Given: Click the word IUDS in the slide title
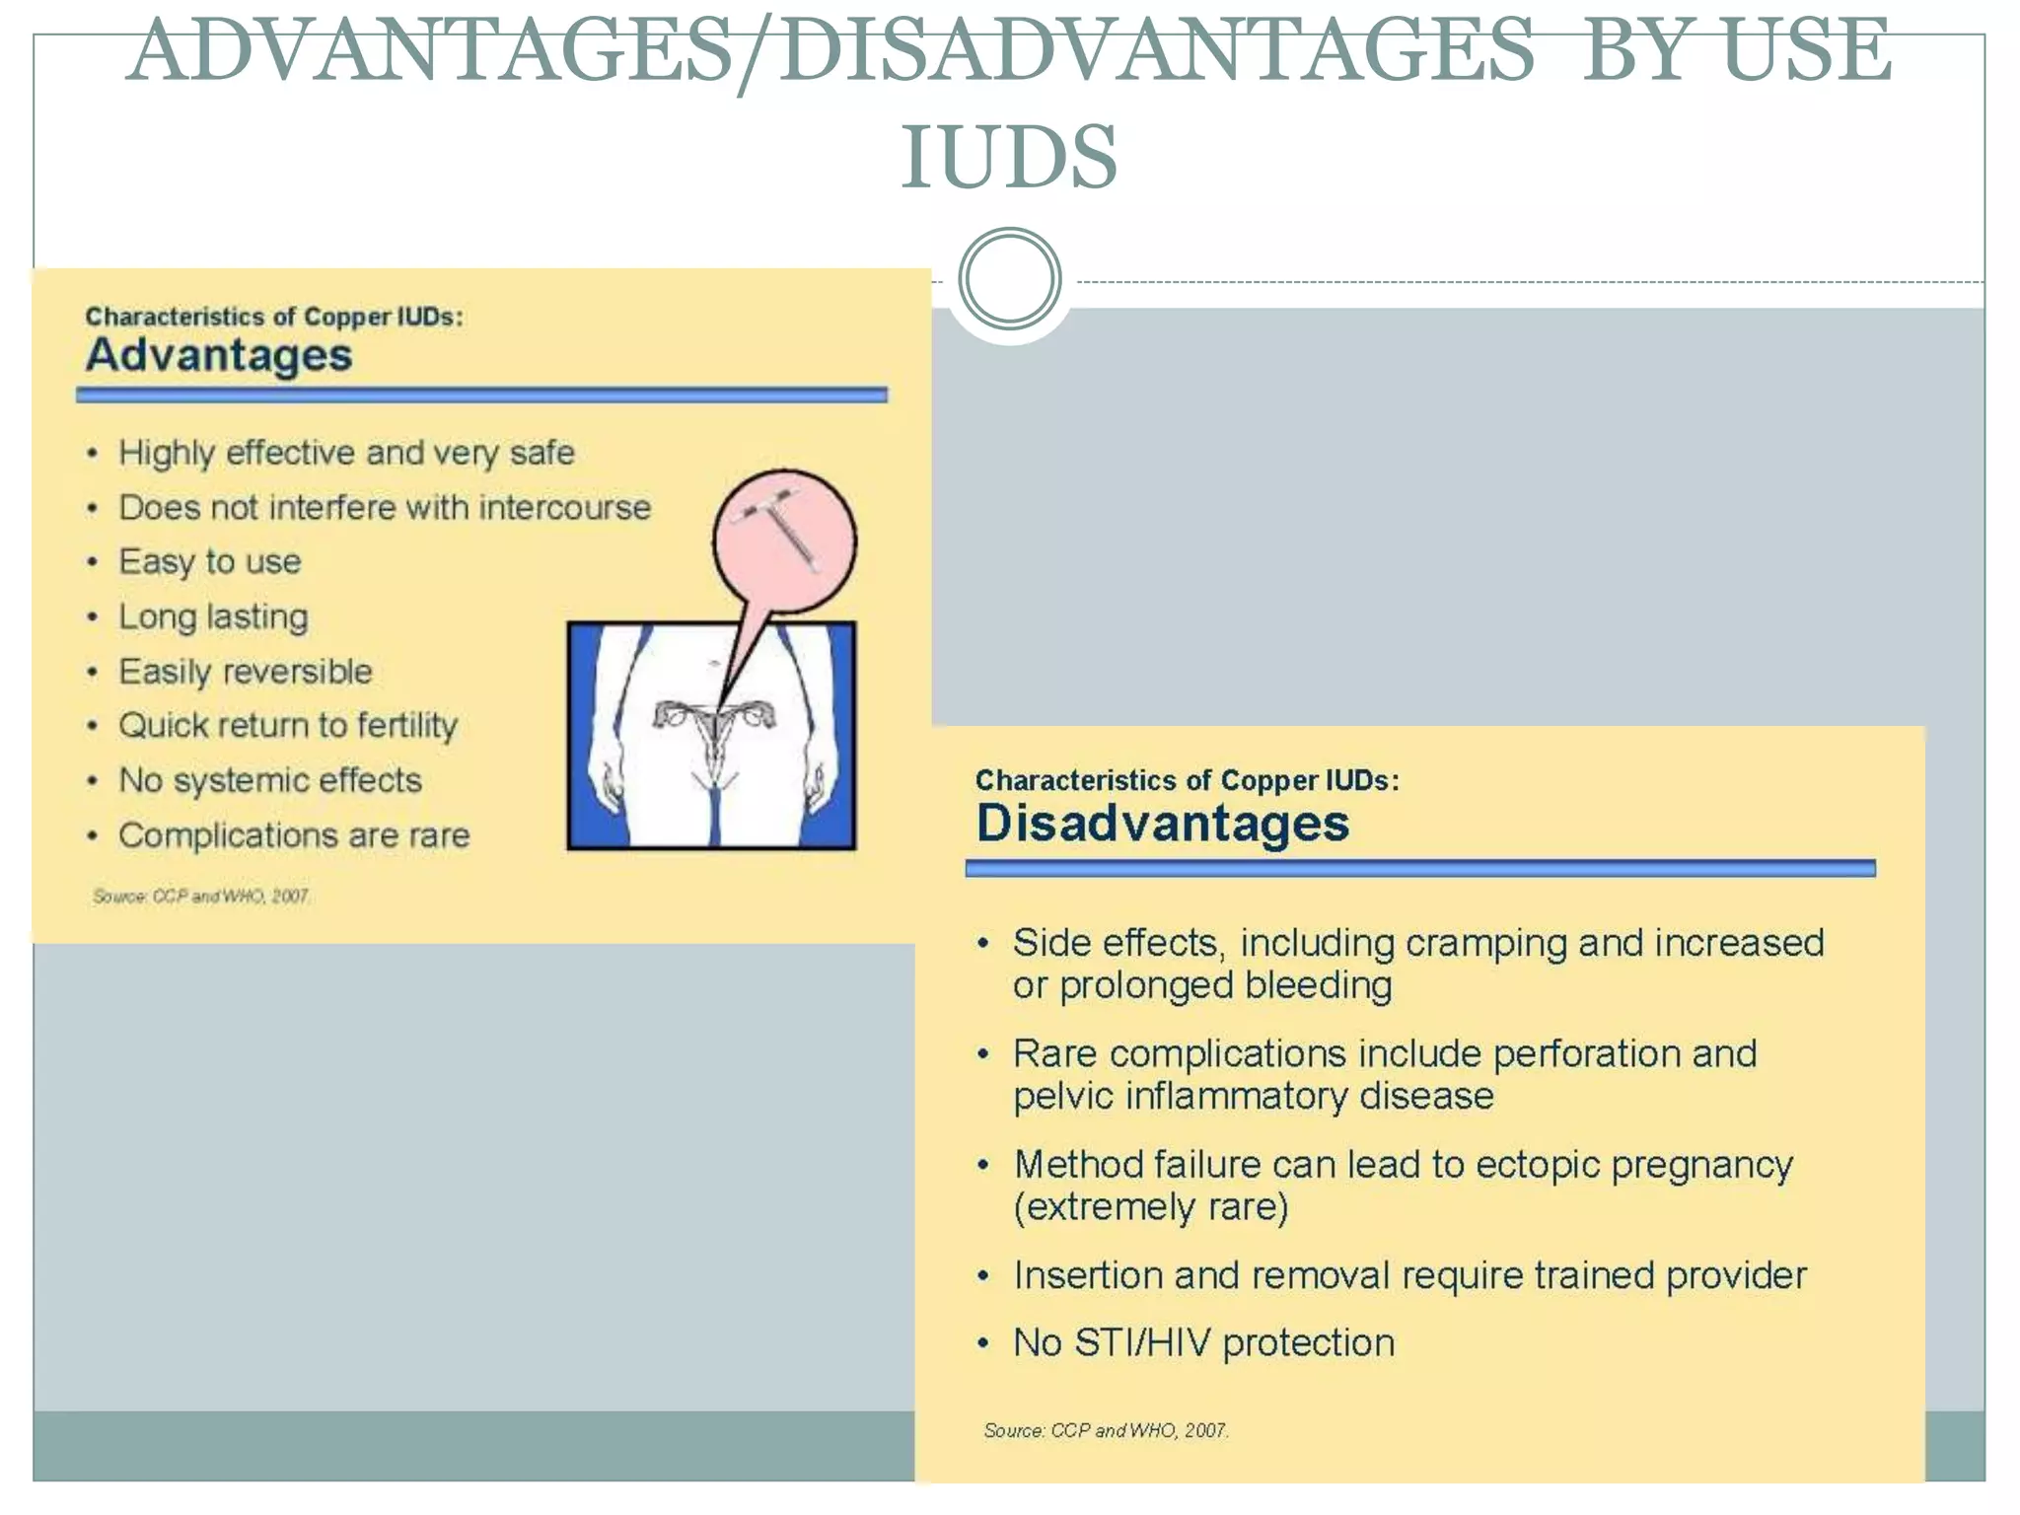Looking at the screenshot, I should tap(1009, 157).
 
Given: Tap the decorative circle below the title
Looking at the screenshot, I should tap(1009, 278).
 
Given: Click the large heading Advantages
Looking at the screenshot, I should tap(219, 355).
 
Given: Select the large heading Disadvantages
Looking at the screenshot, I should tap(1162, 823).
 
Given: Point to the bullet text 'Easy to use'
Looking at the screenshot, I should tap(209, 561).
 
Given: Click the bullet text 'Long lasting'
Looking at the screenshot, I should tap(213, 616).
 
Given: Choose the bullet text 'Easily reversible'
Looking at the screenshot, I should tap(246, 672).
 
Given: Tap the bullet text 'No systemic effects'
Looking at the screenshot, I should tap(270, 780).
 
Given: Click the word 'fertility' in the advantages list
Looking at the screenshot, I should tap(407, 726).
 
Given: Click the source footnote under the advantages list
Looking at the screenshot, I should tap(201, 896).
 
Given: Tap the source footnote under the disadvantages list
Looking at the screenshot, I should tap(1106, 1430).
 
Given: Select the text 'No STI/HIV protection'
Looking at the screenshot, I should tap(1203, 1342).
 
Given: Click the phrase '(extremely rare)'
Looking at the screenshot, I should tap(1151, 1207).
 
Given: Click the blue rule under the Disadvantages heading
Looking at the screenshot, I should tap(1420, 868).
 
